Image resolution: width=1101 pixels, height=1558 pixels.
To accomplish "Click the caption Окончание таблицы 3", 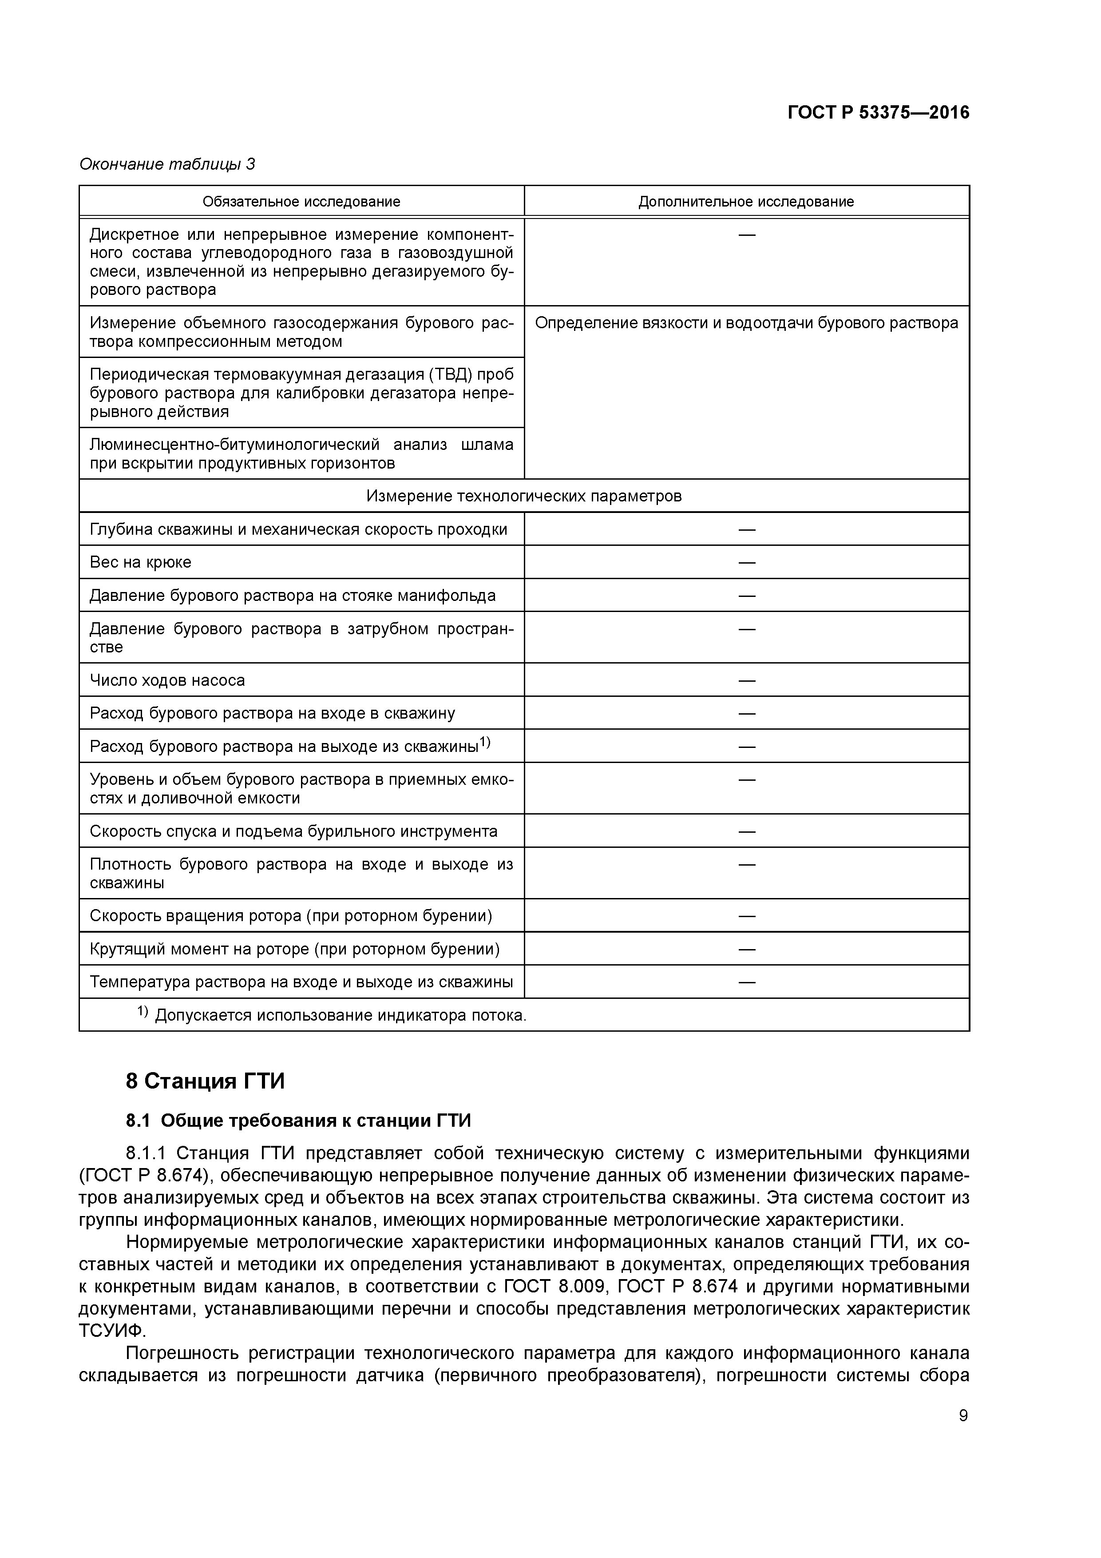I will [x=167, y=164].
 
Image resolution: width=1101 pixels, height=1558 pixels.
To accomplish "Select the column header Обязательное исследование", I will [x=301, y=202].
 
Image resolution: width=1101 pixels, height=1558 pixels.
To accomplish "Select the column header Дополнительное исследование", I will [x=746, y=202].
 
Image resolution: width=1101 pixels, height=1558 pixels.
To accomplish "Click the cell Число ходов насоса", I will [x=167, y=680].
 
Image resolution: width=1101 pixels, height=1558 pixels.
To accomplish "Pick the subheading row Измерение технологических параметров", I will [x=524, y=496].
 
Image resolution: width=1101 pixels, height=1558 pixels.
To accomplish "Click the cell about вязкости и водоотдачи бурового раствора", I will [x=746, y=323].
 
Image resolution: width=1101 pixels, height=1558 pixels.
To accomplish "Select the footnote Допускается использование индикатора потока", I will [x=339, y=1016].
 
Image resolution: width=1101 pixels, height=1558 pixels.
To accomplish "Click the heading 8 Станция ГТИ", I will [x=205, y=1081].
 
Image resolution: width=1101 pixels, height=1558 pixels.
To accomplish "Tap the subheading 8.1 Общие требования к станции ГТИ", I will [x=298, y=1121].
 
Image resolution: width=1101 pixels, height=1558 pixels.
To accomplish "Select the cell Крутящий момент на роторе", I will [x=294, y=949].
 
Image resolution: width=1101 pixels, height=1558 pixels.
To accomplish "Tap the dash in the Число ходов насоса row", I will [x=746, y=680].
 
